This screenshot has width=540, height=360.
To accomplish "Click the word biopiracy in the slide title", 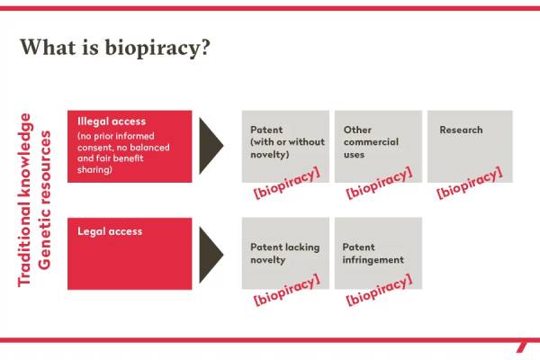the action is pos(157,49).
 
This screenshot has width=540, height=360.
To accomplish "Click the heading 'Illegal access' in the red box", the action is pos(112,121).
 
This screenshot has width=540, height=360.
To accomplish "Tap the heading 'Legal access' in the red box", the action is pos(110,231).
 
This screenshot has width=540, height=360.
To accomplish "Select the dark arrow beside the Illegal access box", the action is pos(211,146).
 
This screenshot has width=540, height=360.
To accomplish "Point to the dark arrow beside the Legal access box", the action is pos(211,255).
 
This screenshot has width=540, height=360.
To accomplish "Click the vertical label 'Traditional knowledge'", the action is pos(25,200).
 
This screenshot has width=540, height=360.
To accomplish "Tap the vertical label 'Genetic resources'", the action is pos(44,200).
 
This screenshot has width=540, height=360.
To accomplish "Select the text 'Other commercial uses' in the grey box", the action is pos(371,142).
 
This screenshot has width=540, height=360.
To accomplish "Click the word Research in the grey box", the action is pos(461,130).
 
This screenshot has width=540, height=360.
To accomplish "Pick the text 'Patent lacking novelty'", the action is pos(285,253).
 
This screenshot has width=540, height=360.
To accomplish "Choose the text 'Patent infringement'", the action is pos(373,253).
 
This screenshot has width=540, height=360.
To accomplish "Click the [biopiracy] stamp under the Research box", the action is pos(470,182).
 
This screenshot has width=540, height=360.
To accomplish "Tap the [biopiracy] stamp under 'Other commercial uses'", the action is pos(379,183).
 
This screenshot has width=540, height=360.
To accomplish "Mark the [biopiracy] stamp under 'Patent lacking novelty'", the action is pos(287,290).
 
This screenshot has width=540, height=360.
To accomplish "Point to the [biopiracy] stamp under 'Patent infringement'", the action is pos(379,290).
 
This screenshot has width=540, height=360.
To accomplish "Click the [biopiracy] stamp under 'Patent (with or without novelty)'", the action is pos(287,183).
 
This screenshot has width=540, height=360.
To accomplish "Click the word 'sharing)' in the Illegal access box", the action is pos(94,170).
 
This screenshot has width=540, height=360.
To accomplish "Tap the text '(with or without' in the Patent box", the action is pos(288,142).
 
